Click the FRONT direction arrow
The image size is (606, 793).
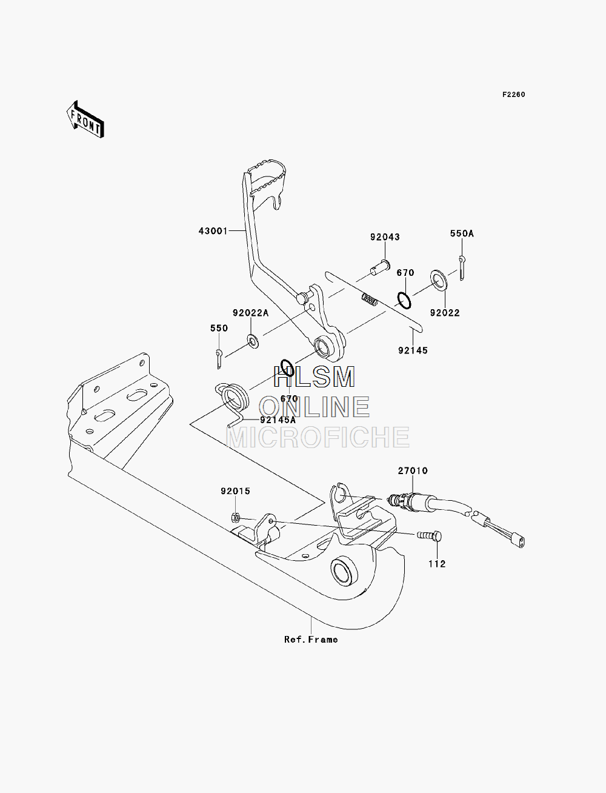(85, 119)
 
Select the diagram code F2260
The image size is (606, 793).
(513, 95)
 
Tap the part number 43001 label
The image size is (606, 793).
(213, 231)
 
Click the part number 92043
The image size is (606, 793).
(385, 237)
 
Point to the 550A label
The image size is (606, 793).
(462, 234)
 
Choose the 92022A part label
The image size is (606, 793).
(251, 313)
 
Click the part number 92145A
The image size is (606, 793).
(278, 420)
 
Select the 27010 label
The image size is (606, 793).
(413, 470)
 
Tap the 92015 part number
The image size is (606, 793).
(236, 491)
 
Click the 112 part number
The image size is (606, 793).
(437, 564)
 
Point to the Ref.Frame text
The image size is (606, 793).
(311, 640)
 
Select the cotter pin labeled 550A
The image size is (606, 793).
(462, 267)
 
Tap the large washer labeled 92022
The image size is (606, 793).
(439, 280)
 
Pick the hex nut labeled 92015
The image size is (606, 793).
(235, 518)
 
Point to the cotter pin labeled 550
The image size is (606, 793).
(219, 358)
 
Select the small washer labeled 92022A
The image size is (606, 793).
(253, 341)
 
